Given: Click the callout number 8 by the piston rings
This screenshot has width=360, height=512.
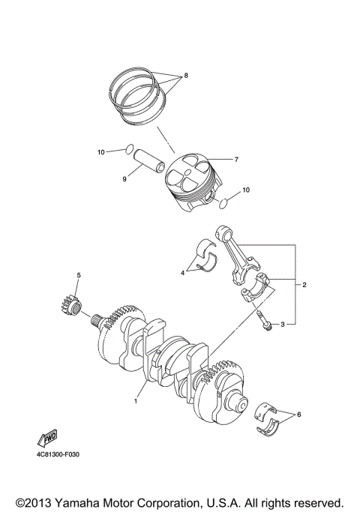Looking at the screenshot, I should (185, 76).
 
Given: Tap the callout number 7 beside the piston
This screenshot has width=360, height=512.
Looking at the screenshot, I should (235, 160).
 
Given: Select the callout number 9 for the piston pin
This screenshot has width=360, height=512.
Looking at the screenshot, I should (125, 179).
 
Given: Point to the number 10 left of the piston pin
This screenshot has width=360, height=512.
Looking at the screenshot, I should (101, 152).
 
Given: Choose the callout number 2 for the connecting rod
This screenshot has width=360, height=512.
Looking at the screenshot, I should (304, 286).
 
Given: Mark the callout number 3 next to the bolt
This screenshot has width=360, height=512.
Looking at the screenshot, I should (283, 325).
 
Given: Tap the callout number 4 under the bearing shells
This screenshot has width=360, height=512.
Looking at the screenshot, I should (182, 274).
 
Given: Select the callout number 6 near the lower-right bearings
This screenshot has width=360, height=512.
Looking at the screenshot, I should (299, 414).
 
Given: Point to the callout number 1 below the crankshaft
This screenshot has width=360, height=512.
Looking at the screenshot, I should (136, 401).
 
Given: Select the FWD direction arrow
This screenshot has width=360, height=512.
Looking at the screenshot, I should (46, 438).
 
